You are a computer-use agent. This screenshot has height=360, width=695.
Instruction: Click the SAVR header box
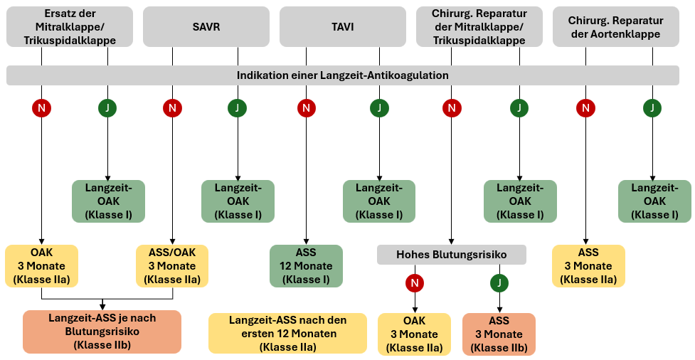coord(206,27)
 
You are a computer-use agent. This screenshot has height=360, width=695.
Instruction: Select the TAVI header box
coord(342,27)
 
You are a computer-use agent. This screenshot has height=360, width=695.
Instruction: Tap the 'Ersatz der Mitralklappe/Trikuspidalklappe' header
coord(70,27)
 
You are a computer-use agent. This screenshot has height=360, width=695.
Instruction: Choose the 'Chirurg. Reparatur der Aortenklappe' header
coord(615,27)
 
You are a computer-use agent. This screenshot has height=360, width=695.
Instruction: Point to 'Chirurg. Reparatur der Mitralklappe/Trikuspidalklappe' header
coord(479,27)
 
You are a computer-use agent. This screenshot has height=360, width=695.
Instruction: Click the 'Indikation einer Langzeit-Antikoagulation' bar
coord(342,75)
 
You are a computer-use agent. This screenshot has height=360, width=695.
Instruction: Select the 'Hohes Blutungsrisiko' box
coord(451,255)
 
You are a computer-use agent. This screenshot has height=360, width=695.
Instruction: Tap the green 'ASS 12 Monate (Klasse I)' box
coord(306,266)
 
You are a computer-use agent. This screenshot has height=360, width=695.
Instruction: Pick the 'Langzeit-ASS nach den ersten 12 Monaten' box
coord(287,334)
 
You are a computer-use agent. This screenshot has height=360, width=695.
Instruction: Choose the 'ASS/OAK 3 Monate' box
coord(171,266)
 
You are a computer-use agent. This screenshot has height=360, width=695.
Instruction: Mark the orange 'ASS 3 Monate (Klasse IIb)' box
coord(499,334)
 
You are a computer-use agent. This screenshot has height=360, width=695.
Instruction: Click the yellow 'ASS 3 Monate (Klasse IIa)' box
coord(588,266)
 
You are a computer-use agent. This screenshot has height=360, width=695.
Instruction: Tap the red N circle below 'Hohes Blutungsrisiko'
coord(414,283)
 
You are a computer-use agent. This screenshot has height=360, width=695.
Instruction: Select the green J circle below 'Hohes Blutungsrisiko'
coord(499,283)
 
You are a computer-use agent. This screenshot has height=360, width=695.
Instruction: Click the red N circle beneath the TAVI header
coord(306,108)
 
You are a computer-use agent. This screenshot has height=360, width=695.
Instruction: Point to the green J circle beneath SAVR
coord(237,108)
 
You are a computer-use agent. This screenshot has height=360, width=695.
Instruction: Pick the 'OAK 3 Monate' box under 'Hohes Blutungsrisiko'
coord(414,334)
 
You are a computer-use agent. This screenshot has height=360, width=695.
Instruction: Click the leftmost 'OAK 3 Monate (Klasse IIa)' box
coord(41,266)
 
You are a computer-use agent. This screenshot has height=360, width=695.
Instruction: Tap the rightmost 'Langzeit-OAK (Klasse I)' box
coord(654,201)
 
